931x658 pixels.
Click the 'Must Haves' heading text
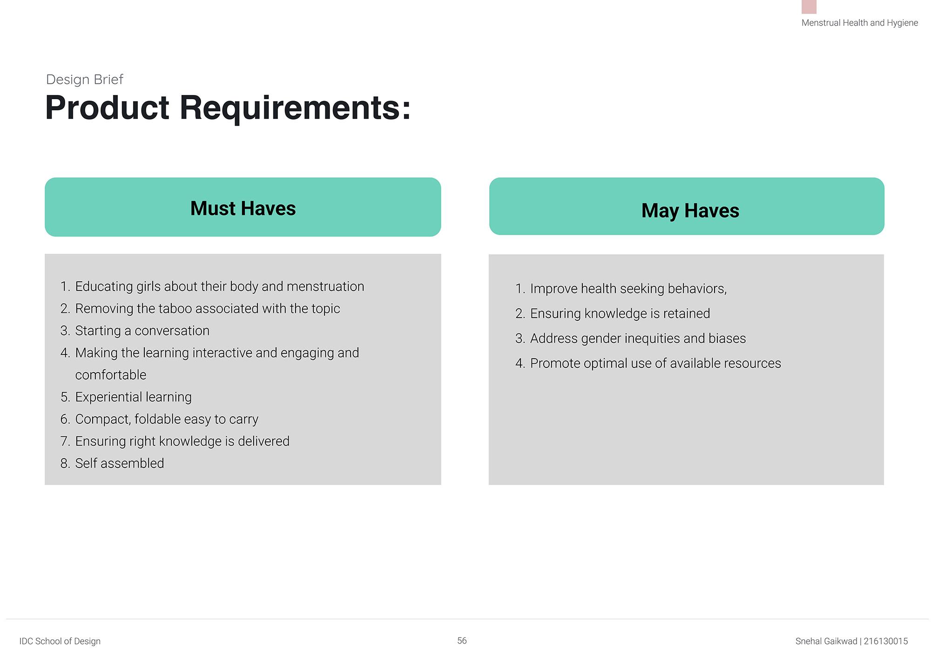(x=243, y=208)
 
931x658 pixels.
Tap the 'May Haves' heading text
(x=690, y=210)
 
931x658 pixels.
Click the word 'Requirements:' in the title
(x=295, y=108)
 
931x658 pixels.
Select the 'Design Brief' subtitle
(x=85, y=80)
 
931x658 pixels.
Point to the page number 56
(x=462, y=641)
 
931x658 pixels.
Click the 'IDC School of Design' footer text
(x=60, y=641)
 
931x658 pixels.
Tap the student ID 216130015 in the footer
(x=886, y=641)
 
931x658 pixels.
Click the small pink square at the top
(x=809, y=7)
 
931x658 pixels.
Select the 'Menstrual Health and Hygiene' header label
(x=860, y=23)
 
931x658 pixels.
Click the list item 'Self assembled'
(x=120, y=463)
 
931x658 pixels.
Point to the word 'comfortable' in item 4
(x=111, y=375)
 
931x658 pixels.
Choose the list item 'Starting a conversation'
(x=142, y=331)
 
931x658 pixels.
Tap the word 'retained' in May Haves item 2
(x=687, y=313)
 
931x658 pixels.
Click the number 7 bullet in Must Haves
(x=65, y=441)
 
